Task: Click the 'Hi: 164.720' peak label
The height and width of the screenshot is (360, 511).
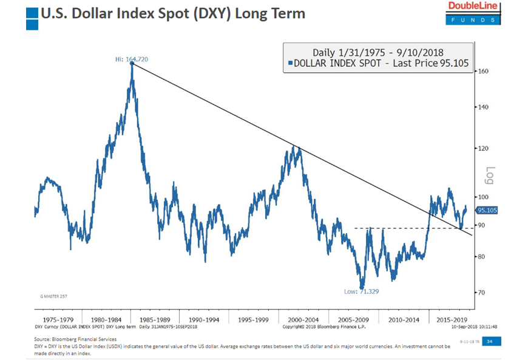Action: tap(132, 59)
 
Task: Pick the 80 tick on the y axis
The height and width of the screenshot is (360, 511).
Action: tap(483, 256)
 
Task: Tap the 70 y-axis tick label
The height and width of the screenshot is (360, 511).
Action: tap(483, 292)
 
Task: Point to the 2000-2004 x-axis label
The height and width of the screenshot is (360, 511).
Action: tap(303, 318)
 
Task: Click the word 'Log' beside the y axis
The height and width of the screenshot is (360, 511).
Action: tap(490, 176)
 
